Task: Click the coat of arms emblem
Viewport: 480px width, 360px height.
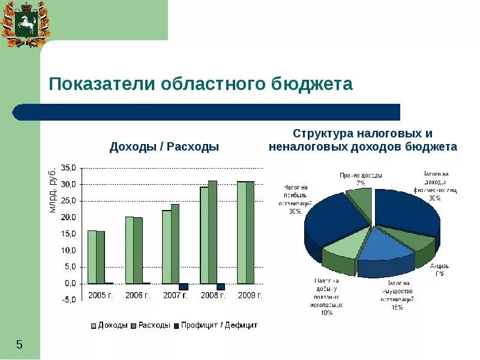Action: point(25,24)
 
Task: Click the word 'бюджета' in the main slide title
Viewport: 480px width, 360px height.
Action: point(313,83)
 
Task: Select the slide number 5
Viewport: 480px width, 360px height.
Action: point(19,344)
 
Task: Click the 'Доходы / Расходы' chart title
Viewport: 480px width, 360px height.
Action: point(164,147)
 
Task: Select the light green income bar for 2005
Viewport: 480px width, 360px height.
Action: point(92,257)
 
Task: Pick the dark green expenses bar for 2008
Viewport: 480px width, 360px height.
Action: point(212,232)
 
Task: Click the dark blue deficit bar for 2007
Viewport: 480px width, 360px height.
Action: point(184,287)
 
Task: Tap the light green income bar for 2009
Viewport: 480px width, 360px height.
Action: point(241,232)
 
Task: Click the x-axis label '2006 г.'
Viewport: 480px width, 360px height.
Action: point(137,295)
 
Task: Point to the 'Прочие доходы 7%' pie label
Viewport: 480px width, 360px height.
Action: point(361,179)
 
